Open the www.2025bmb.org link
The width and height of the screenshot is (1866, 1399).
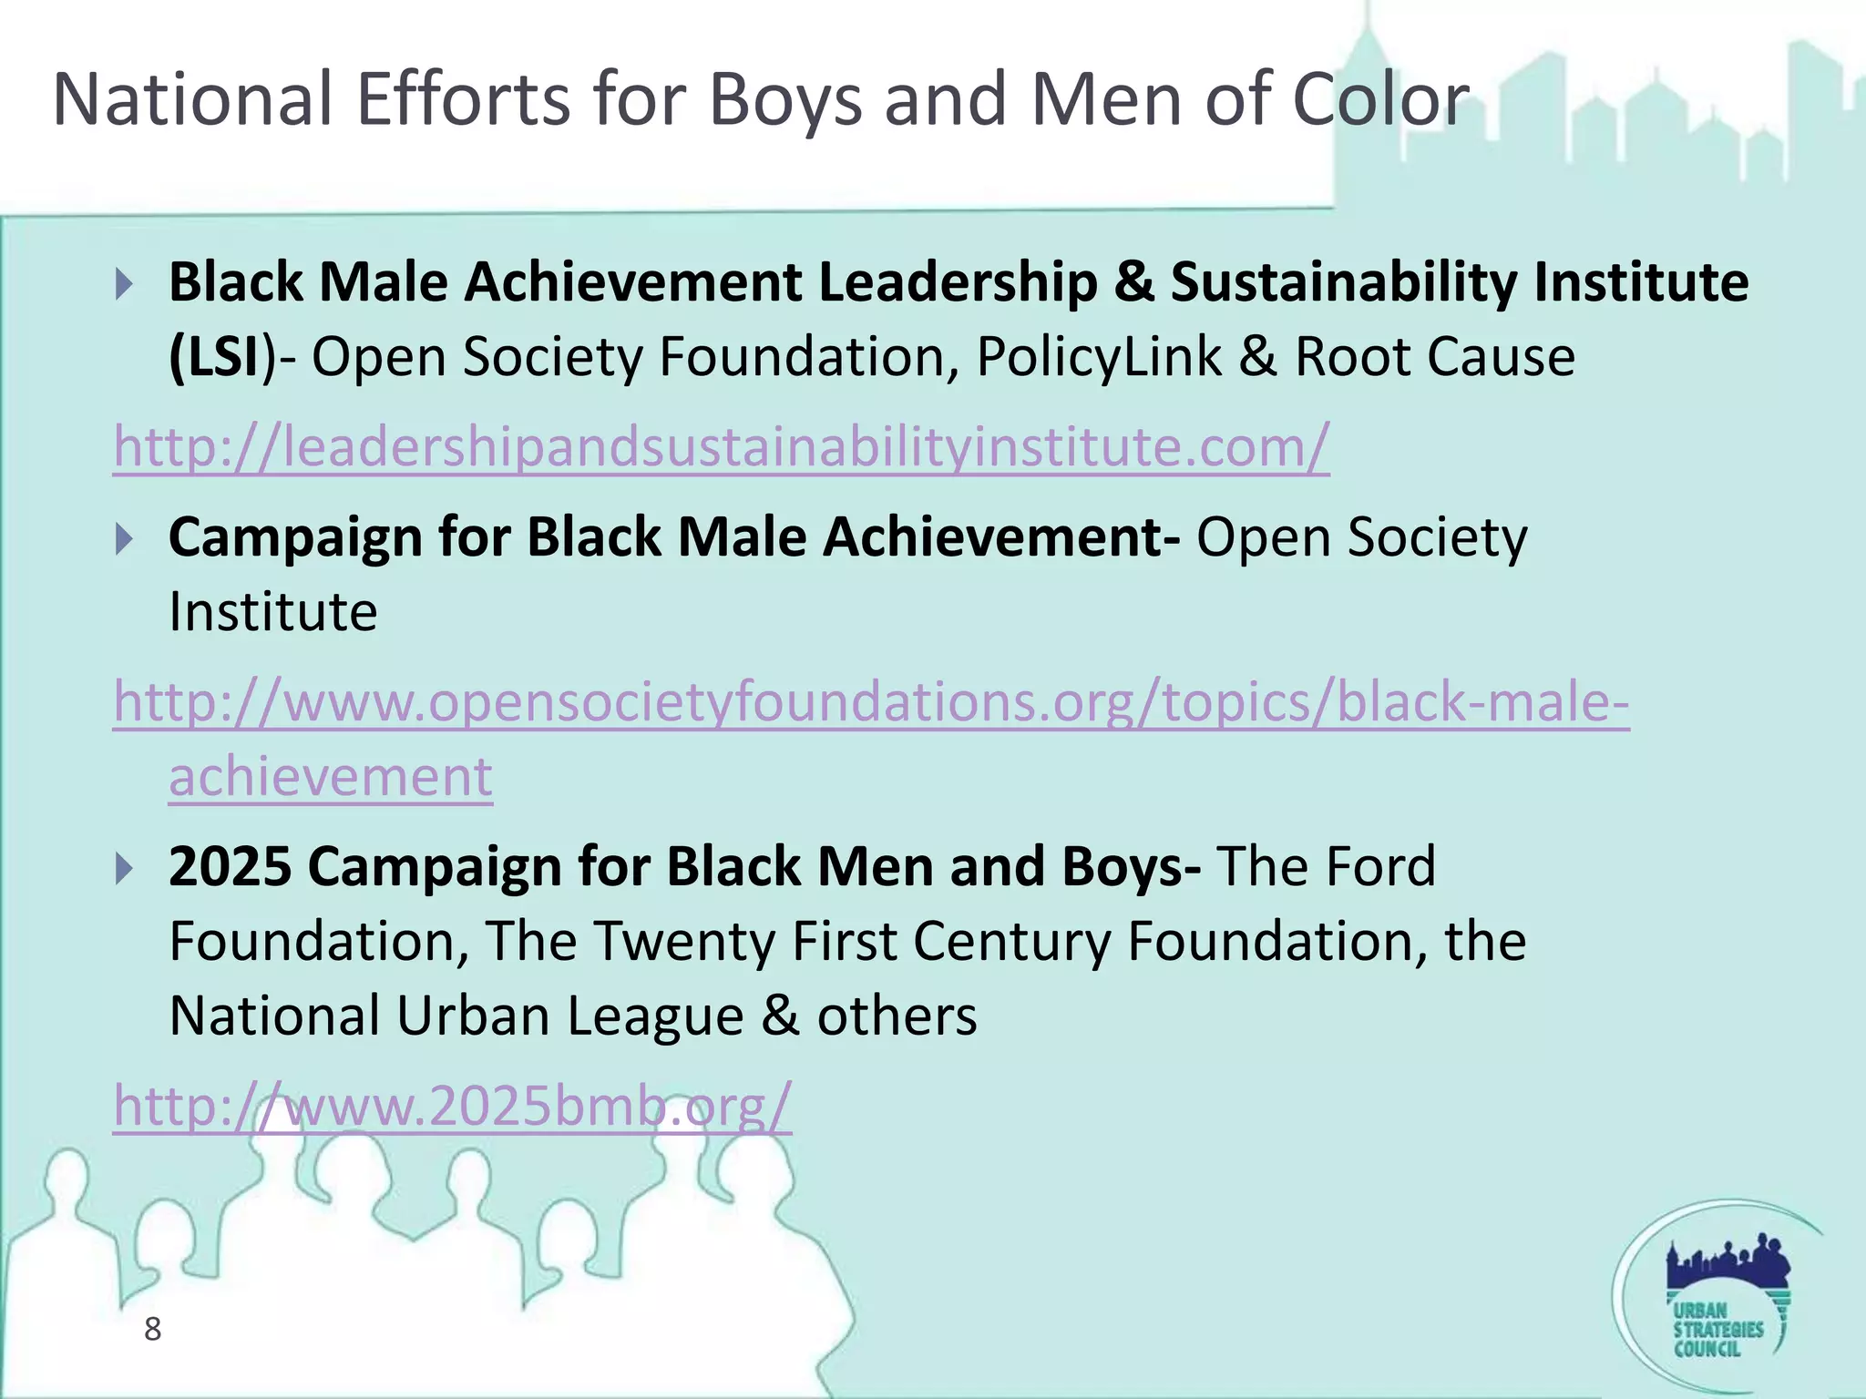(452, 1106)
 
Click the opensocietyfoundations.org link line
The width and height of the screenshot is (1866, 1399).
(870, 703)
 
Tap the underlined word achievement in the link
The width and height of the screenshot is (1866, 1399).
(330, 777)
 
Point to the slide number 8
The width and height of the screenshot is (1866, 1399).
(152, 1329)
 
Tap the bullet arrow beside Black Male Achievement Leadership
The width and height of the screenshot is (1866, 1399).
(125, 285)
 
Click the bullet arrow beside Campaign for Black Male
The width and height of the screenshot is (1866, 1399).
(125, 540)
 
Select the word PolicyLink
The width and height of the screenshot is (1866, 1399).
(1098, 357)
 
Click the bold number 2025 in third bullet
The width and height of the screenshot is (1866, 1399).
(231, 866)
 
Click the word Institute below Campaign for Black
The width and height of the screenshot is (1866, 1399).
(272, 612)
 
